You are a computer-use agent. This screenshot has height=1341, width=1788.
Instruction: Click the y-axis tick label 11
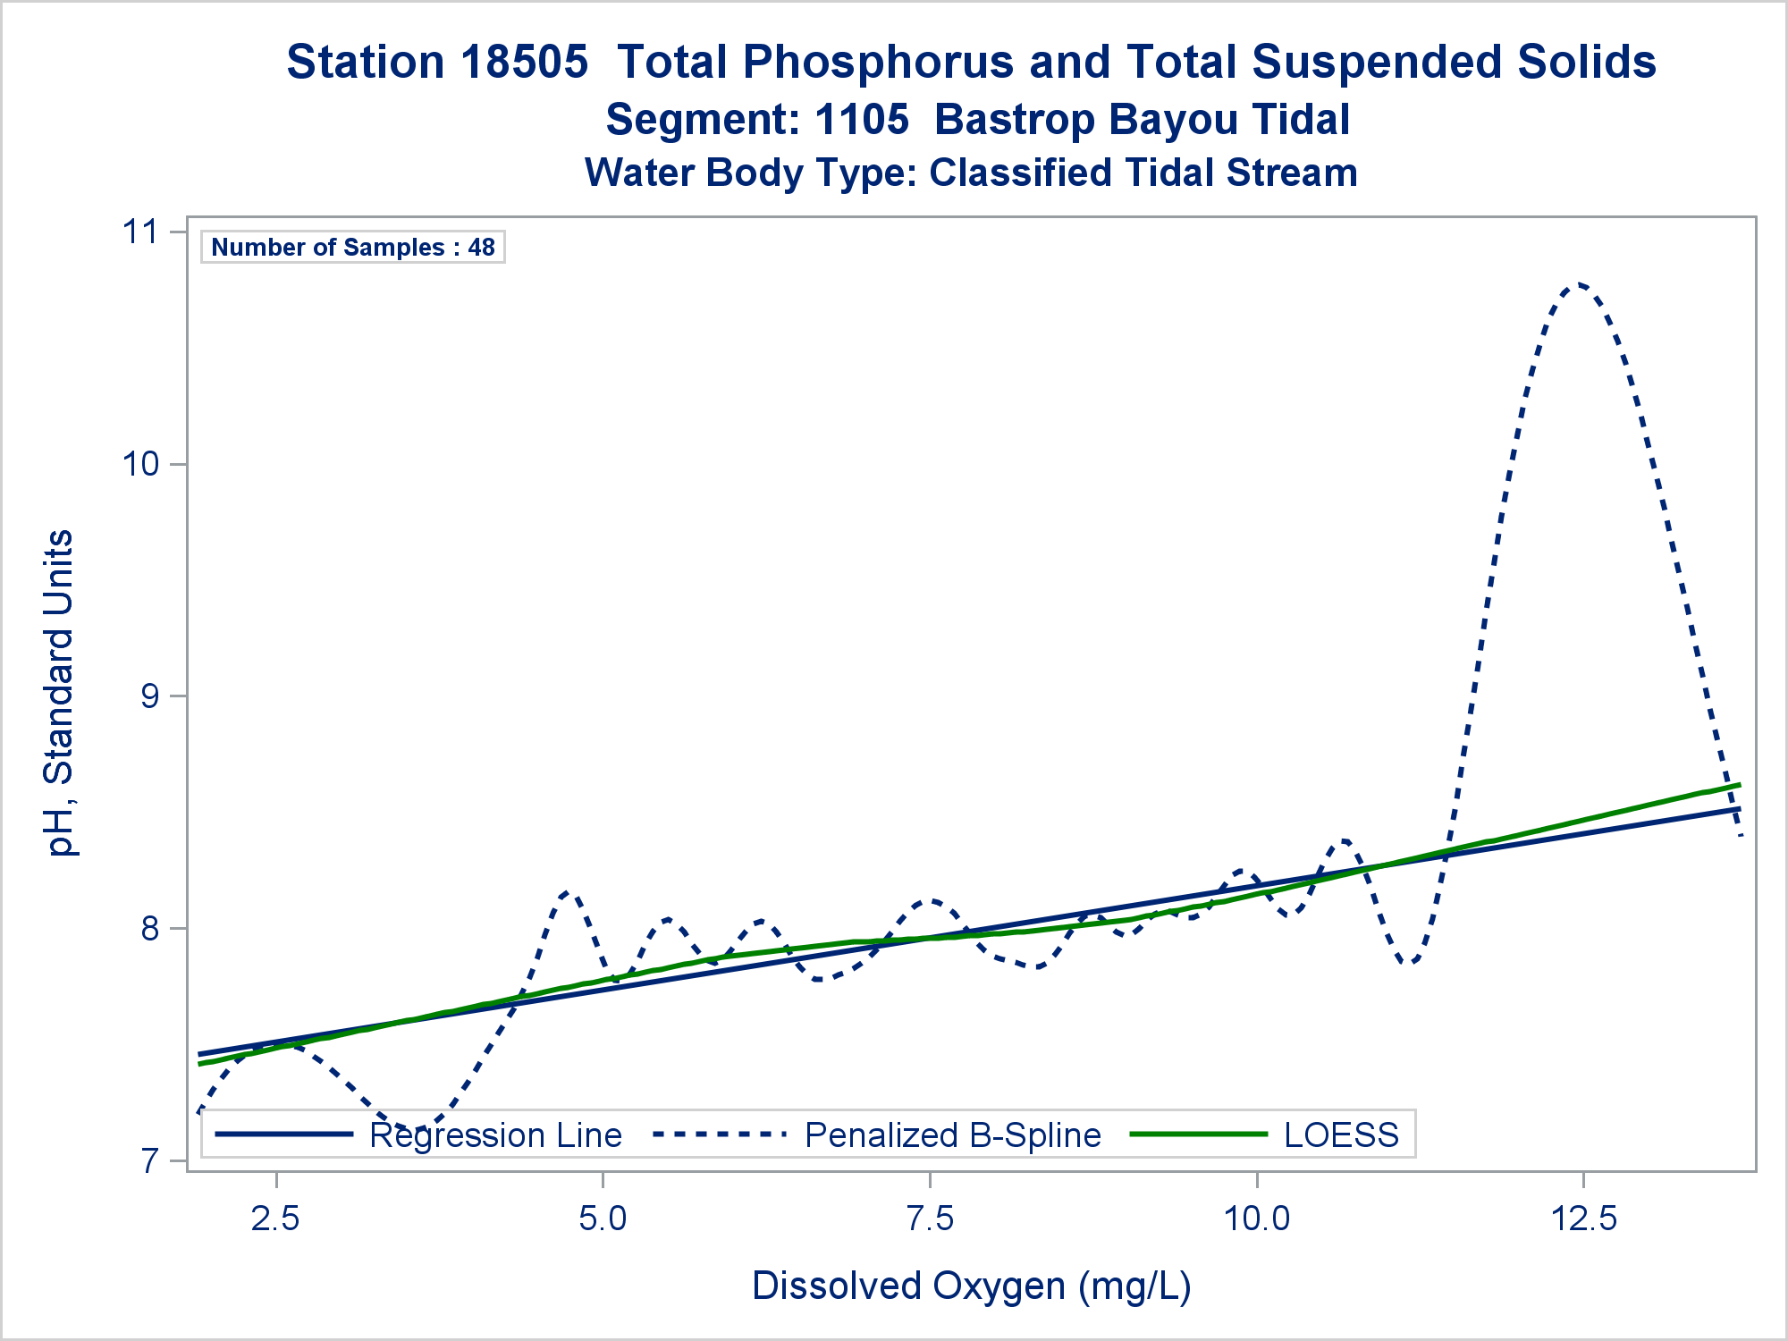(139, 232)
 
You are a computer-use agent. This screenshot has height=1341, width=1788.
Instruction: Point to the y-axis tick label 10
(139, 464)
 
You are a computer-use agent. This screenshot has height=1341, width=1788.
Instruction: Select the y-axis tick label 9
(149, 696)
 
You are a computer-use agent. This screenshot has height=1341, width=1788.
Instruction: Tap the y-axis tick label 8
(149, 929)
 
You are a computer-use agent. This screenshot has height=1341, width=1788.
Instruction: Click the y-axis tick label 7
(149, 1161)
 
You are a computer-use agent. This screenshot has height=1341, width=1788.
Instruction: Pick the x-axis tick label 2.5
(276, 1218)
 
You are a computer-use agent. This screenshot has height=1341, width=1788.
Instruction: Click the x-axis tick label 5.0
(603, 1218)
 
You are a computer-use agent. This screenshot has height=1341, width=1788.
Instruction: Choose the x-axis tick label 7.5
(930, 1218)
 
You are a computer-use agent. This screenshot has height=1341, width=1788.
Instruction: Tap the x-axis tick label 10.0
(1256, 1218)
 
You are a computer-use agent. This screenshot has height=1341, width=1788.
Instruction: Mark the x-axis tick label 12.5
(1583, 1218)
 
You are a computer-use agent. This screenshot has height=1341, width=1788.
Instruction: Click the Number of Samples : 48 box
(353, 248)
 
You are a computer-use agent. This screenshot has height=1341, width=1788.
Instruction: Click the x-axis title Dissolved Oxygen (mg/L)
(972, 1286)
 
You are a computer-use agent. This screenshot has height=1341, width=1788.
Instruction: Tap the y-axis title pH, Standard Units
(60, 693)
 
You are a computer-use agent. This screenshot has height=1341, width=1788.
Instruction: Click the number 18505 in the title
(525, 63)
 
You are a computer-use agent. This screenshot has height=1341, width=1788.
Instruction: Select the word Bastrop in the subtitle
(1015, 120)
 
